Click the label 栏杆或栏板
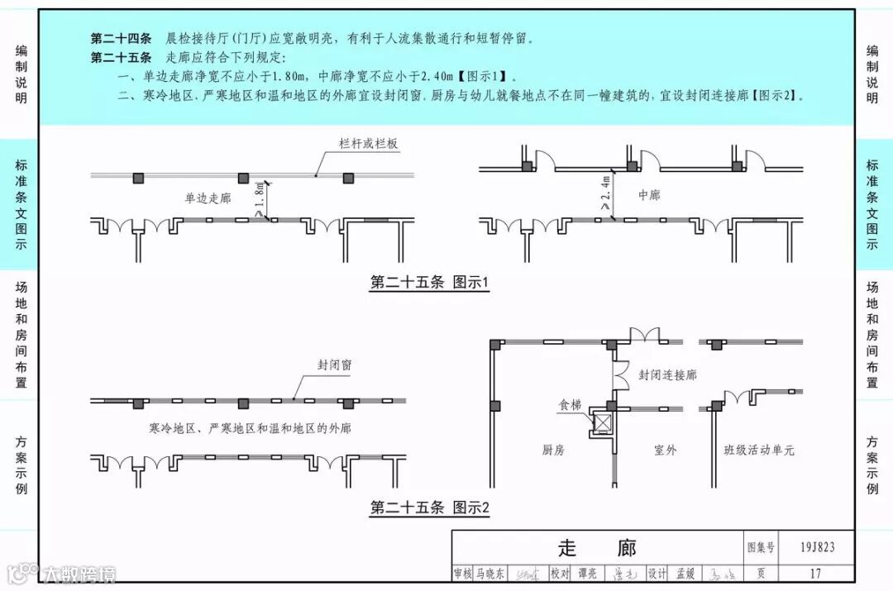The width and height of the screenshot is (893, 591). [369, 144]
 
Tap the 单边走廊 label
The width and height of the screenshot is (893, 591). [208, 198]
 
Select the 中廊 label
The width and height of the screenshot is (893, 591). [649, 195]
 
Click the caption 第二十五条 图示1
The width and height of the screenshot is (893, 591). [429, 284]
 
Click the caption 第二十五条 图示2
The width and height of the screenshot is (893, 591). [429, 508]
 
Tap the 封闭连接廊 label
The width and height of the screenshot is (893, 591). [667, 375]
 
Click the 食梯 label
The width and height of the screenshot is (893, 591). [570, 405]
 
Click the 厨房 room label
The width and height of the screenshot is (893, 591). [553, 450]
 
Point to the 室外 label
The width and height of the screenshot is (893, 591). [665, 450]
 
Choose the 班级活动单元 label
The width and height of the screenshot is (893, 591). [758, 450]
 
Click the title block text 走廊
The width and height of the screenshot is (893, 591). [597, 547]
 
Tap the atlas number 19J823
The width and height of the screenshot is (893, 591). [818, 546]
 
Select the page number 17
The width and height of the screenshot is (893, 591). [816, 573]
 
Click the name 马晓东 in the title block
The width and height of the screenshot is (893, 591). [489, 573]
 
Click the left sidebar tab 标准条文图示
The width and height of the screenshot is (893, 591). [21, 205]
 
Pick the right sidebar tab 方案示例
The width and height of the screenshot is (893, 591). [872, 465]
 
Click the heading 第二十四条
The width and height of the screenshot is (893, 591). [121, 39]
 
